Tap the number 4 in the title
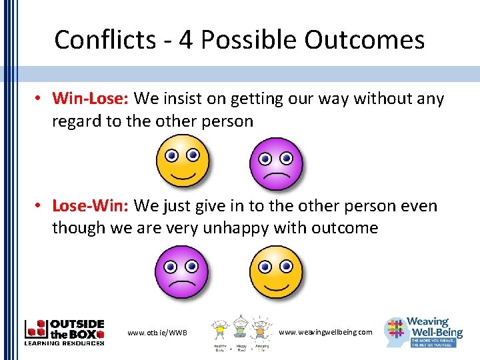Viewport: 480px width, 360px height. pyautogui.click(x=186, y=40)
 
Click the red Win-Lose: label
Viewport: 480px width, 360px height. pyautogui.click(x=91, y=99)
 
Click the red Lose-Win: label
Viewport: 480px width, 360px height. pyautogui.click(x=91, y=206)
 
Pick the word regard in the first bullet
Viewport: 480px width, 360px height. pyautogui.click(x=76, y=121)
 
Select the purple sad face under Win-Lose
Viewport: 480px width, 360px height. pyautogui.click(x=275, y=164)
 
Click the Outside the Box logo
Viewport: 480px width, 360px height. pyautogui.click(x=65, y=332)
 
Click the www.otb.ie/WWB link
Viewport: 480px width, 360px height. pyautogui.click(x=157, y=332)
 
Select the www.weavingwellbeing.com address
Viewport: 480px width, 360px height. pyautogui.click(x=325, y=331)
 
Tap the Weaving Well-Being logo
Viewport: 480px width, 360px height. pyautogui.click(x=424, y=332)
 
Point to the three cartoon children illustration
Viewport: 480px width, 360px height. pyautogui.click(x=240, y=331)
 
